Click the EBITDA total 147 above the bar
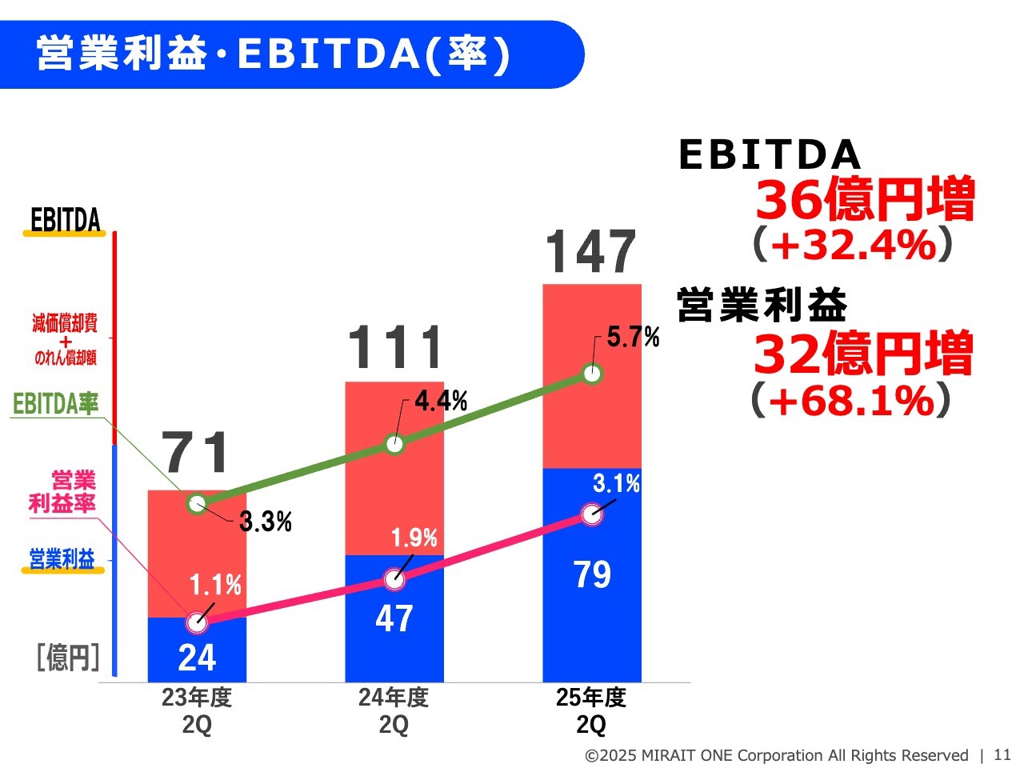tap(590, 252)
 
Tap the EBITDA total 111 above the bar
tap(395, 349)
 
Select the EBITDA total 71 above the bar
tap(197, 453)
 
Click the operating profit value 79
tap(592, 574)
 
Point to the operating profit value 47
tap(394, 618)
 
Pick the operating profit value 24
tap(197, 658)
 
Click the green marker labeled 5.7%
tap(592, 374)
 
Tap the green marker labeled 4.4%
tap(394, 444)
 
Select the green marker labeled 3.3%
tap(197, 503)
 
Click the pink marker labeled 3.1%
tap(592, 514)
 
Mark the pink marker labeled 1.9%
tap(394, 578)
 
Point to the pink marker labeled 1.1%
tap(197, 622)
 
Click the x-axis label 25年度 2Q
tap(591, 710)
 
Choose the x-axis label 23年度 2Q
tap(197, 710)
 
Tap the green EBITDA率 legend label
tap(56, 404)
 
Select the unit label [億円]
tap(68, 658)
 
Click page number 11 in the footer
tap(1002, 754)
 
